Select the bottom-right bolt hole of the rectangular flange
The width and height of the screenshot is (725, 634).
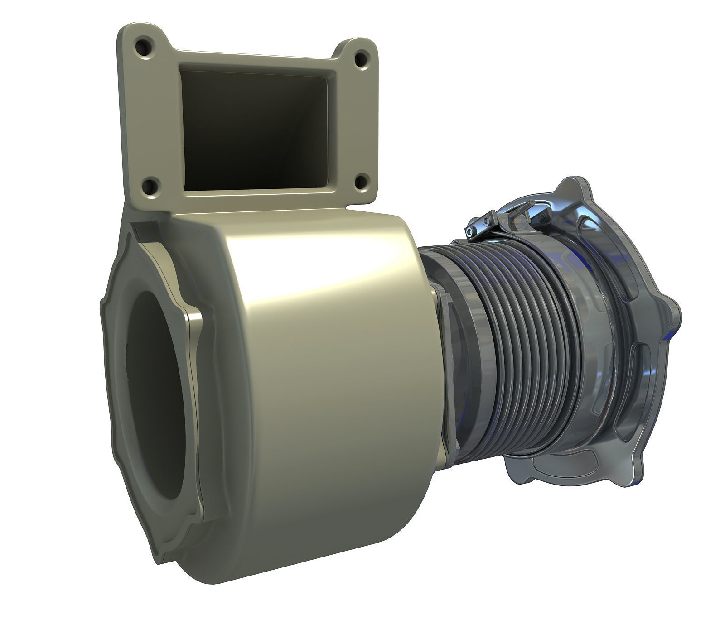tap(361, 182)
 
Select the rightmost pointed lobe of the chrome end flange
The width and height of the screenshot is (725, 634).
tap(675, 312)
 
